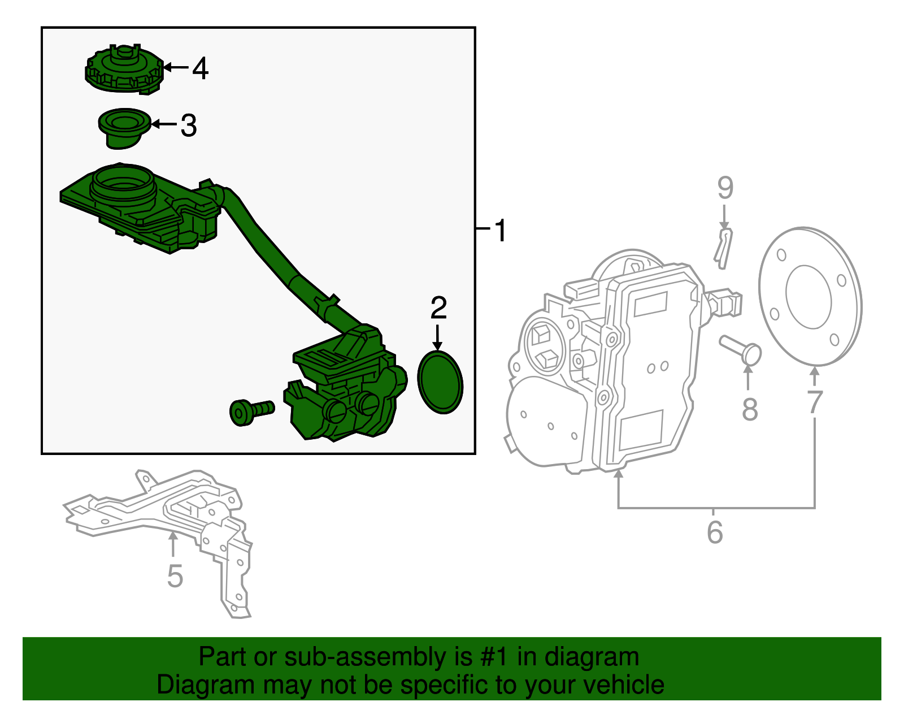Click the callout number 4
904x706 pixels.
coord(200,68)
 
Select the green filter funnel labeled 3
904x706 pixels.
coord(124,128)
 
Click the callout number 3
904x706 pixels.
coord(189,125)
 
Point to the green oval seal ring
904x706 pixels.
coord(440,383)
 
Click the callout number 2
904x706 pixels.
coord(438,308)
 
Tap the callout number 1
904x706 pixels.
coord(500,231)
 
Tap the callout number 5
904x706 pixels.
coord(175,576)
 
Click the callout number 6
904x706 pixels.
coord(715,532)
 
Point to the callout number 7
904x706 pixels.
coord(814,402)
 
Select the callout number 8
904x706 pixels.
coord(749,409)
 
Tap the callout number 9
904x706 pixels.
coord(725,188)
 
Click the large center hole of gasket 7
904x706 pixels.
coord(809,297)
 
